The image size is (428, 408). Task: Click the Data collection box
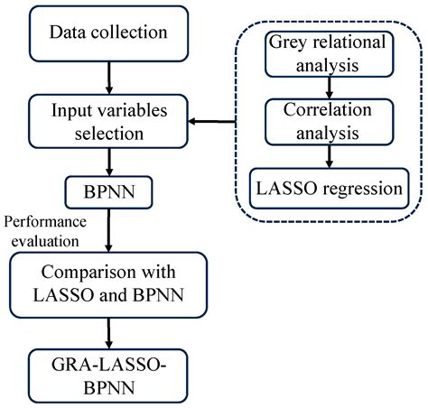click(x=108, y=33)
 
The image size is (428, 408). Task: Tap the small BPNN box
click(x=109, y=190)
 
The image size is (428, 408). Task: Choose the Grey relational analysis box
click(x=327, y=53)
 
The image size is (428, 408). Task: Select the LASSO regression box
click(x=327, y=190)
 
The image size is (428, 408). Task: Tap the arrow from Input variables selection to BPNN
click(x=109, y=162)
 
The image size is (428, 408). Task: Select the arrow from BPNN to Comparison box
click(x=109, y=229)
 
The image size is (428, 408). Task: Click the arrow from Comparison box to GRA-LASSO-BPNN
click(x=109, y=330)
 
